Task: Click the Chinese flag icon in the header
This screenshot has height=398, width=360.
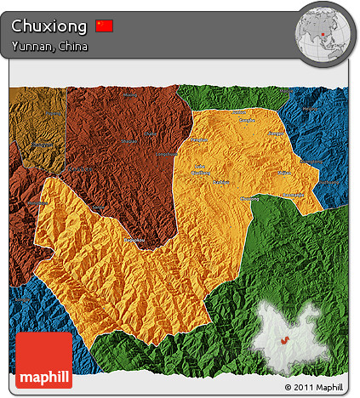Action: pos(104,26)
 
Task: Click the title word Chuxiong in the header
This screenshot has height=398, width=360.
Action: pos(49,26)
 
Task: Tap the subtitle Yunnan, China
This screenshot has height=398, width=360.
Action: pos(49,46)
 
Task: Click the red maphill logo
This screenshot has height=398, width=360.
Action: pos(43,361)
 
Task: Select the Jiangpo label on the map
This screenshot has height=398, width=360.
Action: pos(274,134)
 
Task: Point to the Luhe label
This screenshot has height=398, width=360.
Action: pos(200,166)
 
